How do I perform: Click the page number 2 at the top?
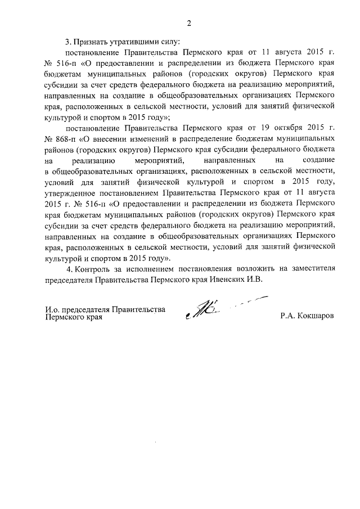pos(190,23)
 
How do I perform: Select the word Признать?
pos(91,42)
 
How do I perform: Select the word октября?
pos(284,127)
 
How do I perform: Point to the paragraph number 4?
pos(68,268)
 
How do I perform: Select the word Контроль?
pos(93,268)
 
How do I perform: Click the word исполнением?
pos(152,268)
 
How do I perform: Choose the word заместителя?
pos(311,268)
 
